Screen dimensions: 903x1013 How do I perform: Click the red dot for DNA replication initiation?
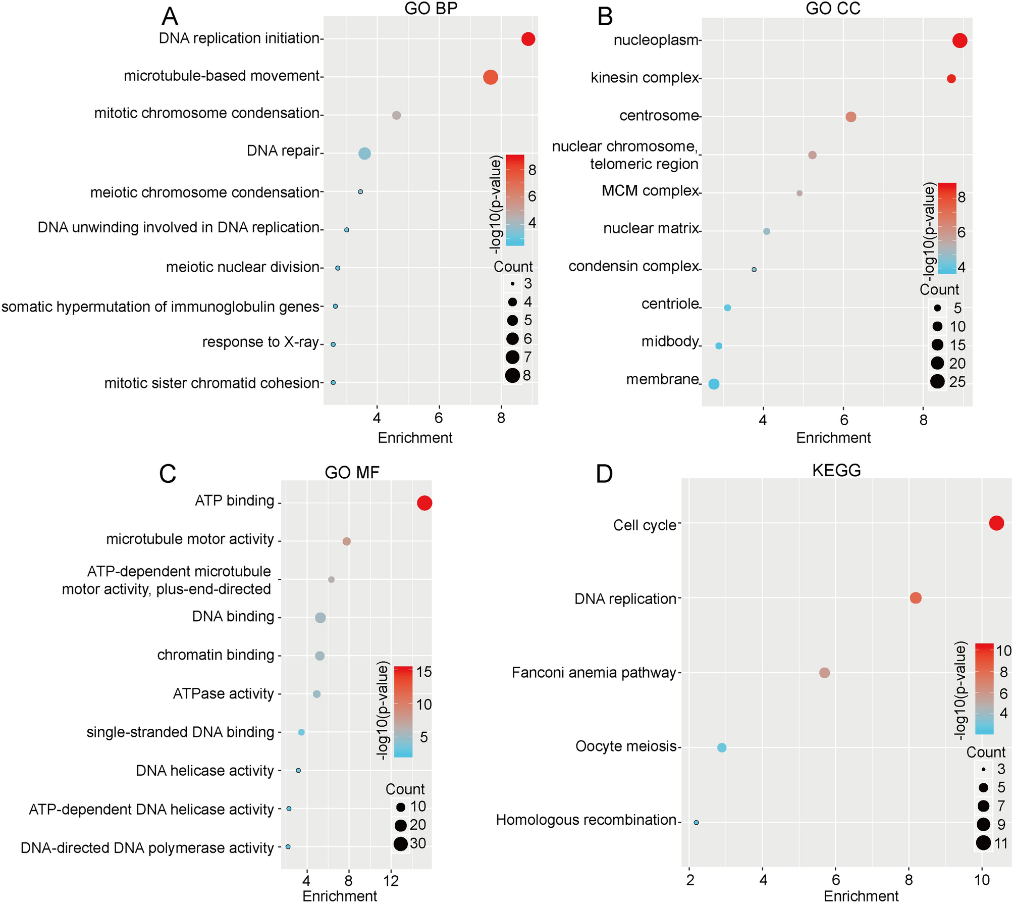(527, 39)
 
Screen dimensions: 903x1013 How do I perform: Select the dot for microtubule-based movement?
(490, 77)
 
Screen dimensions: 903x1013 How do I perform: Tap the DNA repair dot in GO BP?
(364, 154)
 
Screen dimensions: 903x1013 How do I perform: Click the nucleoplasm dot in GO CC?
(959, 40)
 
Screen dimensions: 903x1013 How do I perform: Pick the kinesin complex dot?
(951, 79)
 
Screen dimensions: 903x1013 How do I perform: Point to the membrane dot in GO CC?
(713, 384)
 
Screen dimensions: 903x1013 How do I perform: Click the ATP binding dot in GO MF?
(424, 503)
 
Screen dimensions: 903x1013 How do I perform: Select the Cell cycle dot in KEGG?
(996, 523)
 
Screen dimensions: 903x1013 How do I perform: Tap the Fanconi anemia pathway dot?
(824, 673)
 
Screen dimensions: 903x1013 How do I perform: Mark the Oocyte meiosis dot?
(722, 747)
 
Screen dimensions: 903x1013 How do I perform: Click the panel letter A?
(170, 16)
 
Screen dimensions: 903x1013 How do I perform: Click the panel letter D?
(604, 474)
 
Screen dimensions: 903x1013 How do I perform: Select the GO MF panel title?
(352, 473)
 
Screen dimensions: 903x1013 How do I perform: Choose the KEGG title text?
(836, 470)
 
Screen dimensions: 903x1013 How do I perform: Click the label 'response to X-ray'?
(260, 342)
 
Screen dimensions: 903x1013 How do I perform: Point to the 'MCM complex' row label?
(650, 191)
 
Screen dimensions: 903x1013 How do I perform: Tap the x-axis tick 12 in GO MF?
(391, 881)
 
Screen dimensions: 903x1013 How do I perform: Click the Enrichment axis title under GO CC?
(833, 438)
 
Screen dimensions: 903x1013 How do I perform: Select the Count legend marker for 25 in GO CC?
(937, 382)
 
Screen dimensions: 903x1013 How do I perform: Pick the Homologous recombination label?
(586, 820)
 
